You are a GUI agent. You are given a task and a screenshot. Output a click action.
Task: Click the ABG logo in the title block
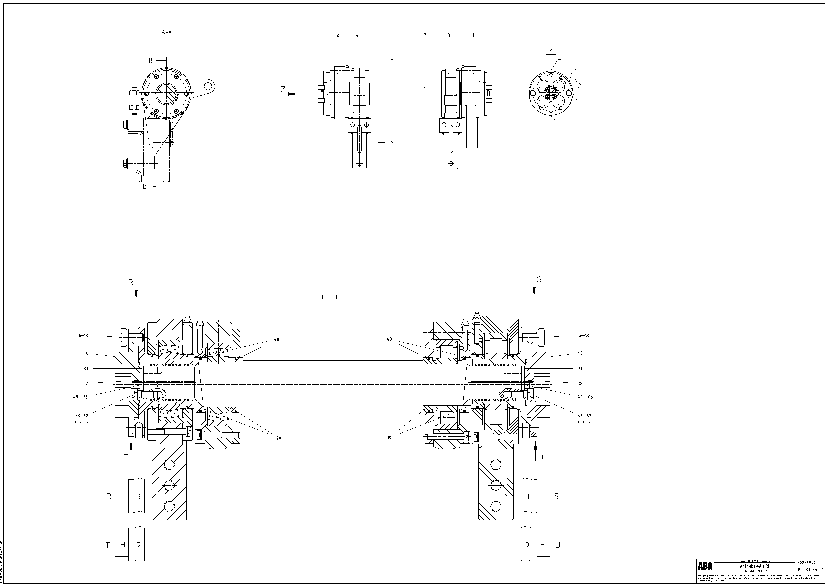click(705, 566)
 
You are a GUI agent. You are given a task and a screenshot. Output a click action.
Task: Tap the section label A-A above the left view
click(166, 32)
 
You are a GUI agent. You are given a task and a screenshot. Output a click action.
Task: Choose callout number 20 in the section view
click(278, 438)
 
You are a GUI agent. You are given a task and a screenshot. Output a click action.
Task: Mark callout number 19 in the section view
click(389, 438)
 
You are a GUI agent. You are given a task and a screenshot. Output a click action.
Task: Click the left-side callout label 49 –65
click(80, 397)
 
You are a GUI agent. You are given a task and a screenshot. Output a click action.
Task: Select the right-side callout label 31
click(580, 369)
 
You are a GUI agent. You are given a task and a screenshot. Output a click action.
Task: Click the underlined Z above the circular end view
click(551, 50)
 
